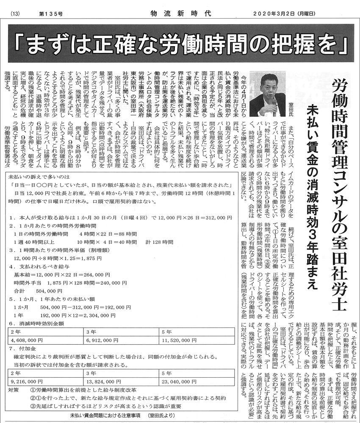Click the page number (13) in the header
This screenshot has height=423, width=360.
(x=14, y=14)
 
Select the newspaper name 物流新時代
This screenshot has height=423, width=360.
(x=180, y=14)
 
